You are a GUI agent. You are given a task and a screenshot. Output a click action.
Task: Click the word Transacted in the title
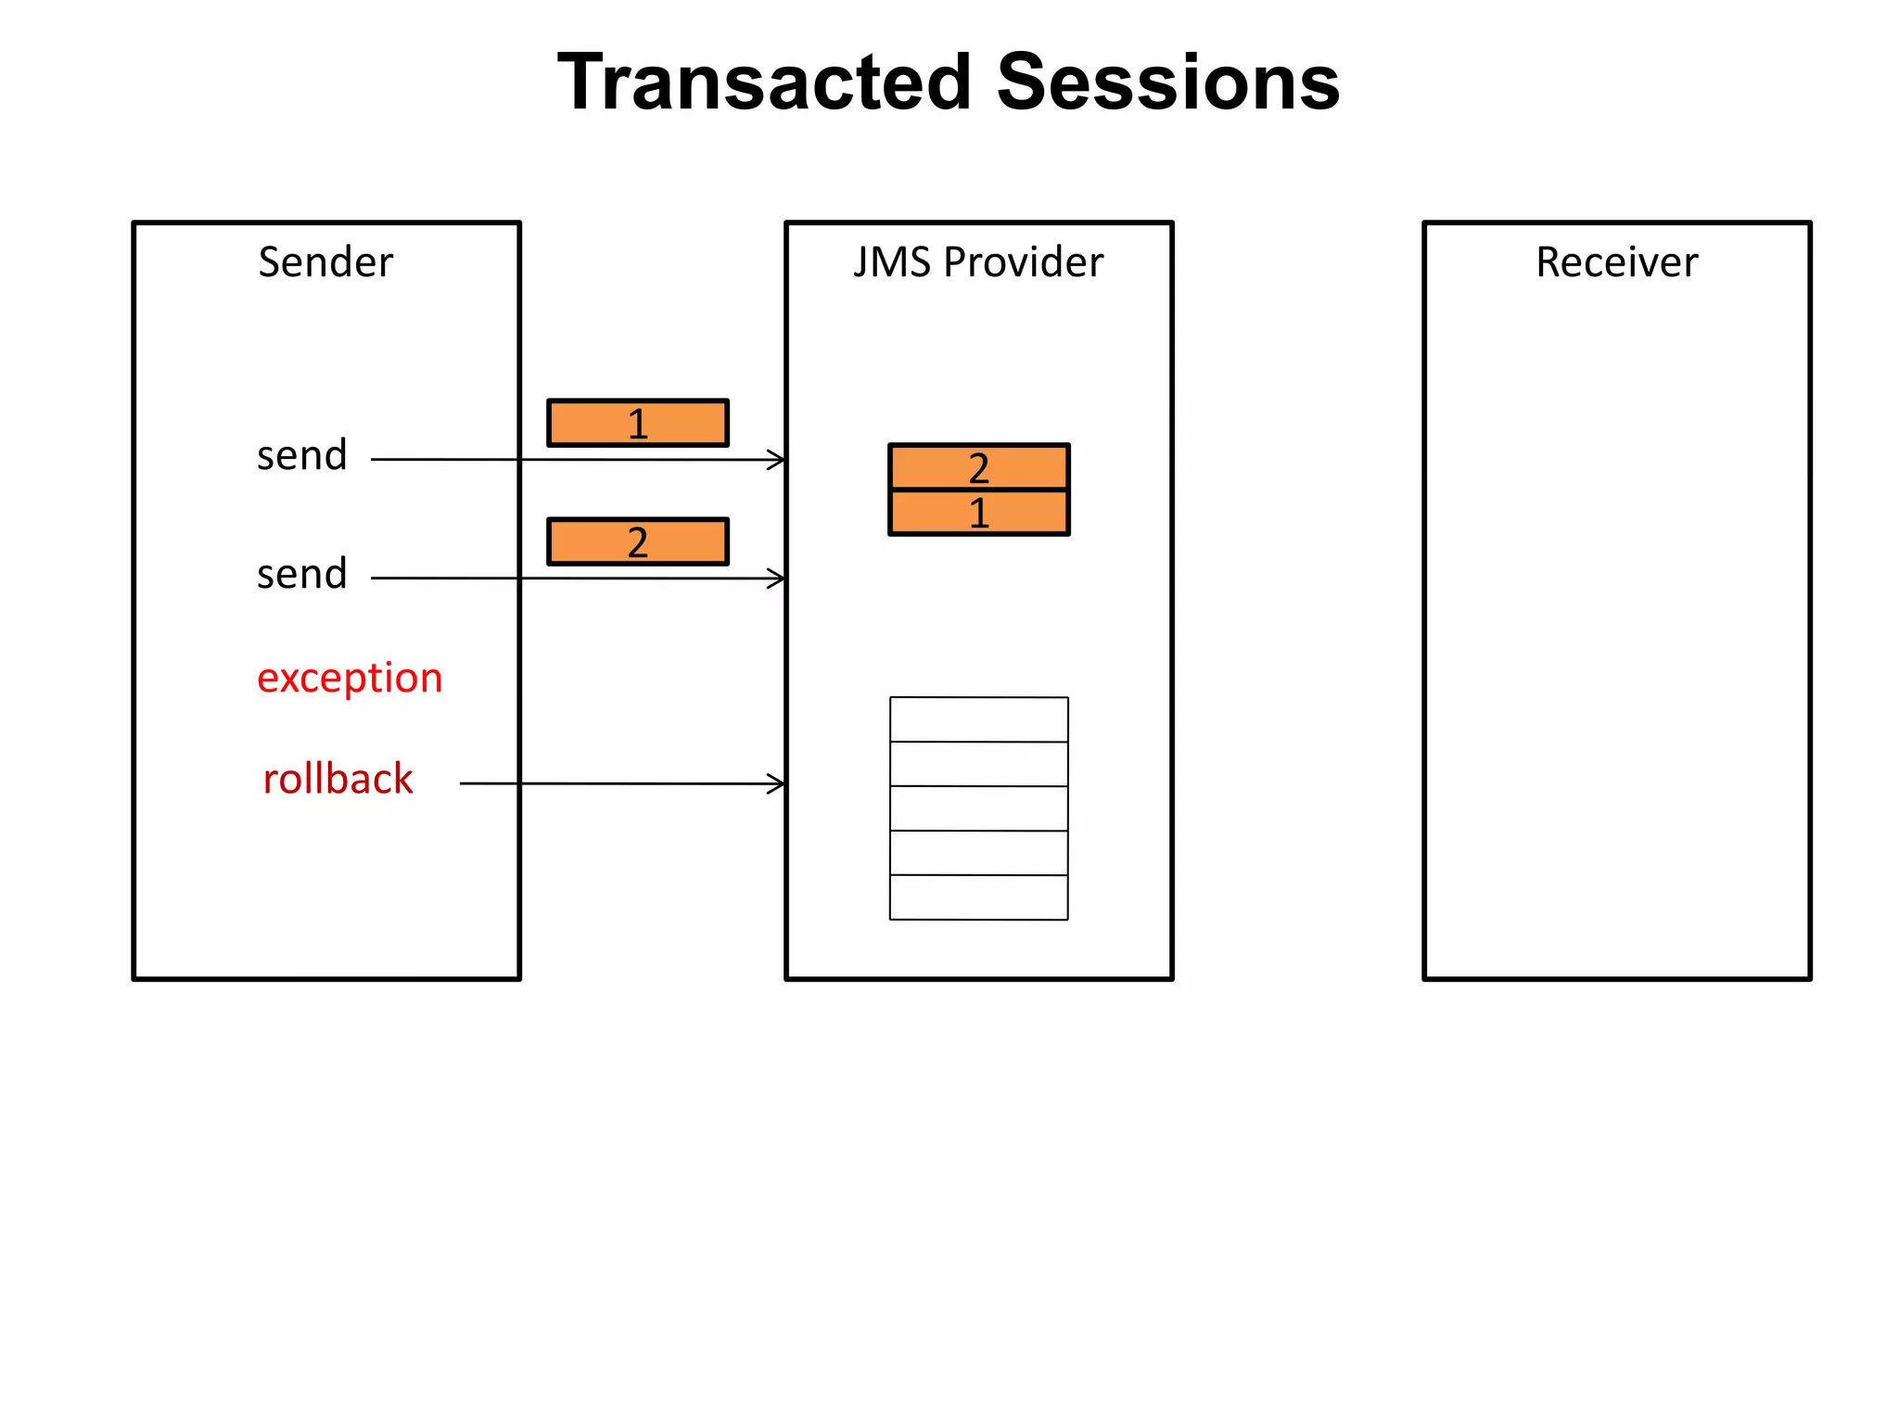click(x=766, y=83)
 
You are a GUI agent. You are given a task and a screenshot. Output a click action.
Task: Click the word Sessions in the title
click(x=1167, y=83)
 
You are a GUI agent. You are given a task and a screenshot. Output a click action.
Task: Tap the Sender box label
click(x=325, y=262)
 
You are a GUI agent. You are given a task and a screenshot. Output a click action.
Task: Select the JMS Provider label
click(x=978, y=262)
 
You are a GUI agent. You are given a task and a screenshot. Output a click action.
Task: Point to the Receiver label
click(x=1616, y=262)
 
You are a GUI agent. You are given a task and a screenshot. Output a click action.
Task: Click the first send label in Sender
click(x=302, y=456)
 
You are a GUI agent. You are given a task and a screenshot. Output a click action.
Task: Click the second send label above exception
click(x=302, y=575)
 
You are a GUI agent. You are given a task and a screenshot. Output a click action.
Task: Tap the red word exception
click(x=350, y=679)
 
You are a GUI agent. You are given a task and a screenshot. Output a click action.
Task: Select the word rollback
click(x=338, y=780)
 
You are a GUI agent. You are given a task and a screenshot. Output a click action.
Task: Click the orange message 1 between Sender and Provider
click(x=638, y=424)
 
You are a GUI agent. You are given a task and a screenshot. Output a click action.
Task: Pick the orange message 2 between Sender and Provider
click(x=638, y=542)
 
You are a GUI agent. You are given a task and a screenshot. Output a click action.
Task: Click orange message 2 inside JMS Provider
click(x=979, y=468)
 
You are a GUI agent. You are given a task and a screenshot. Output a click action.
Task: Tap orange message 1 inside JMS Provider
click(x=979, y=513)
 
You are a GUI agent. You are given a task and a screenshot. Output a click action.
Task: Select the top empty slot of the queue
click(x=979, y=719)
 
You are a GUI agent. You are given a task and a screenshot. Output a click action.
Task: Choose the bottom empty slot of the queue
click(x=979, y=897)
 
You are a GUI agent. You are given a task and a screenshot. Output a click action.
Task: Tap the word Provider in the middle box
click(x=1024, y=262)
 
